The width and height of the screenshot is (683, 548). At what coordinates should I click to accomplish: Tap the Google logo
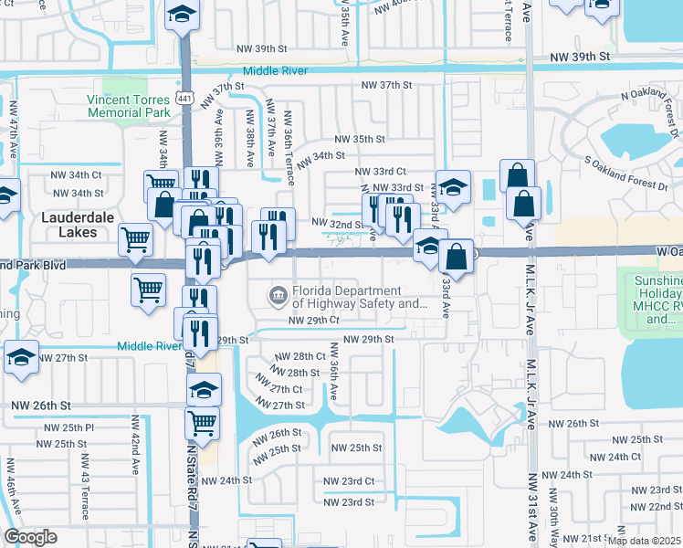tap(30, 537)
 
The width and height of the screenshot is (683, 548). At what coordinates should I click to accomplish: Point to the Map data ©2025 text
tap(645, 541)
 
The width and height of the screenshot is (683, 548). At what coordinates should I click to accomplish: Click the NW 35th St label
tap(360, 139)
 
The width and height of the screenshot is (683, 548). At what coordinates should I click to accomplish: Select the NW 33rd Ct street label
tap(381, 171)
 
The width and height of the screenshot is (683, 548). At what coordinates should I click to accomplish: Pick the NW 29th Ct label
tap(313, 321)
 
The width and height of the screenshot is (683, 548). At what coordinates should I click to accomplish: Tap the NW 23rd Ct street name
tap(349, 481)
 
